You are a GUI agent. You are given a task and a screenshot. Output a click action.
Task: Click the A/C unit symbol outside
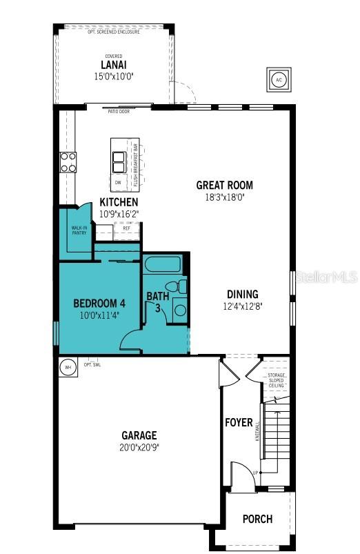pos(278,79)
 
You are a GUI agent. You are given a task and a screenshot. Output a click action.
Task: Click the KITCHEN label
pos(119,202)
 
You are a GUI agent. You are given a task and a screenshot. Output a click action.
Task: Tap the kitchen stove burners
pos(68,162)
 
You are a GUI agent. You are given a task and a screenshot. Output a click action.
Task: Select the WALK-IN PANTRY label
pos(79,230)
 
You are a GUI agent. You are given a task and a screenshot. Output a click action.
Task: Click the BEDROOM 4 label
pos(99,302)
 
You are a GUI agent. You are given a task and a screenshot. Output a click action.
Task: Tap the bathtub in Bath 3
pos(163,264)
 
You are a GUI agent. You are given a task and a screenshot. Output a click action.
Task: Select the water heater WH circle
pos(68,367)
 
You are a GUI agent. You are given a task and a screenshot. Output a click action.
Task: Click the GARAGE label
pos(139,435)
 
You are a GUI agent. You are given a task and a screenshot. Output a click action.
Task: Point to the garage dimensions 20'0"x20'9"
pos(139,446)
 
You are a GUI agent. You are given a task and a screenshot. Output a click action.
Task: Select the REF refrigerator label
pos(127,228)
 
